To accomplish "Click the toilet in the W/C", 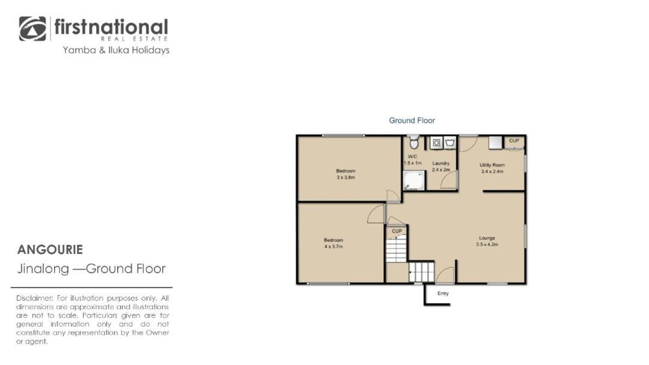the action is (413, 143).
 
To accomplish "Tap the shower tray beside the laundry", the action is (414, 181).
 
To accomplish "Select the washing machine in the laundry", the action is (436, 143).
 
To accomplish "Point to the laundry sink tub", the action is (450, 143).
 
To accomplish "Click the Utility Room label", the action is (492, 165).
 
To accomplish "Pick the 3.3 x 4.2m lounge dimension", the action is (487, 244).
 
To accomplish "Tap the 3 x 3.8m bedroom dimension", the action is (346, 177).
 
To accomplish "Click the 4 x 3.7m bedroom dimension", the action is (334, 246).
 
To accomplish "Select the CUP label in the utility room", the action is (514, 140).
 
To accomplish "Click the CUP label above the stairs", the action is (397, 231).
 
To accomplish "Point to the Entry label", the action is (443, 294).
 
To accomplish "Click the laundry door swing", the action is (449, 180).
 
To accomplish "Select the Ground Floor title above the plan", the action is (412, 120).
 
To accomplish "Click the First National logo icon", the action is (32, 29).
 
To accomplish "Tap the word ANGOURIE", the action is (50, 250).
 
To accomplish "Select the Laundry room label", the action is (441, 163).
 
